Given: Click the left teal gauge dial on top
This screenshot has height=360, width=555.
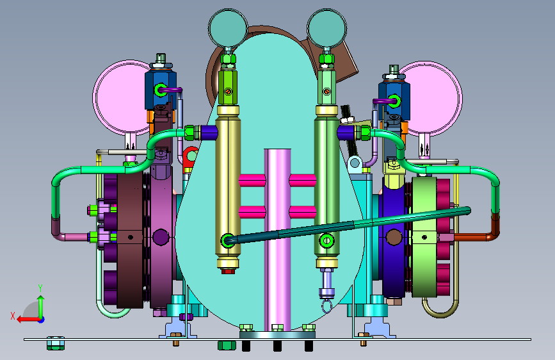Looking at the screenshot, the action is point(228,28).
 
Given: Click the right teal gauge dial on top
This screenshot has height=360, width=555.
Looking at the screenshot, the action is point(326,28).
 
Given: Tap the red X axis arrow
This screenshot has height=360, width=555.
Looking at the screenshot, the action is point(28,319).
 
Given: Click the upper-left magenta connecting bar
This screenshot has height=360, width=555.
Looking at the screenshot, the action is point(252,181).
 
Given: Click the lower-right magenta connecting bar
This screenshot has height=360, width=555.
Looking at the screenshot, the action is point(303,212).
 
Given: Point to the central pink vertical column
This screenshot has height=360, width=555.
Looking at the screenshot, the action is point(278,240).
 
